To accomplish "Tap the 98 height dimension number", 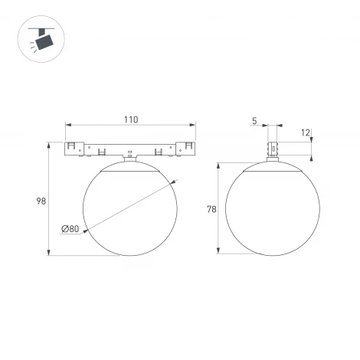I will click(x=40, y=201).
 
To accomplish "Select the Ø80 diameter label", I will click(x=70, y=228).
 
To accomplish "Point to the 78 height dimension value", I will click(x=211, y=208).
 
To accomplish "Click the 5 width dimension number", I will click(x=254, y=119).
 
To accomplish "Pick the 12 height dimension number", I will click(x=306, y=133).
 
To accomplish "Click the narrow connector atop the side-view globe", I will click(x=272, y=148).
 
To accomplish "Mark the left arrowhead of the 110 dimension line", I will click(x=67, y=125).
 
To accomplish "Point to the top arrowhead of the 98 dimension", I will click(x=51, y=142).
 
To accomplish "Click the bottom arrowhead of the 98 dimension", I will click(x=51, y=256).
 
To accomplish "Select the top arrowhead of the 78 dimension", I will click(x=221, y=164).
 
